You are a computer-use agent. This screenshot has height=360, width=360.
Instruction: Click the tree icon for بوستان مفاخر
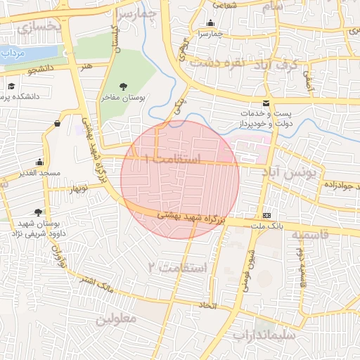[124, 86]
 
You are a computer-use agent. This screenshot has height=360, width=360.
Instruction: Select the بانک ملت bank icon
[267, 214]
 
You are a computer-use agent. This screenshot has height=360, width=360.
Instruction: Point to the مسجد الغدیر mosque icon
[39, 162]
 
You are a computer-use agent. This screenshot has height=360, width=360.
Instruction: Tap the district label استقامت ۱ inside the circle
[172, 160]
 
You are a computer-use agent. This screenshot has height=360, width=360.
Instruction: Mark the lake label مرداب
[13, 53]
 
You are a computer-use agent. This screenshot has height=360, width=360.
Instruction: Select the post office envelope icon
[265, 103]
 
